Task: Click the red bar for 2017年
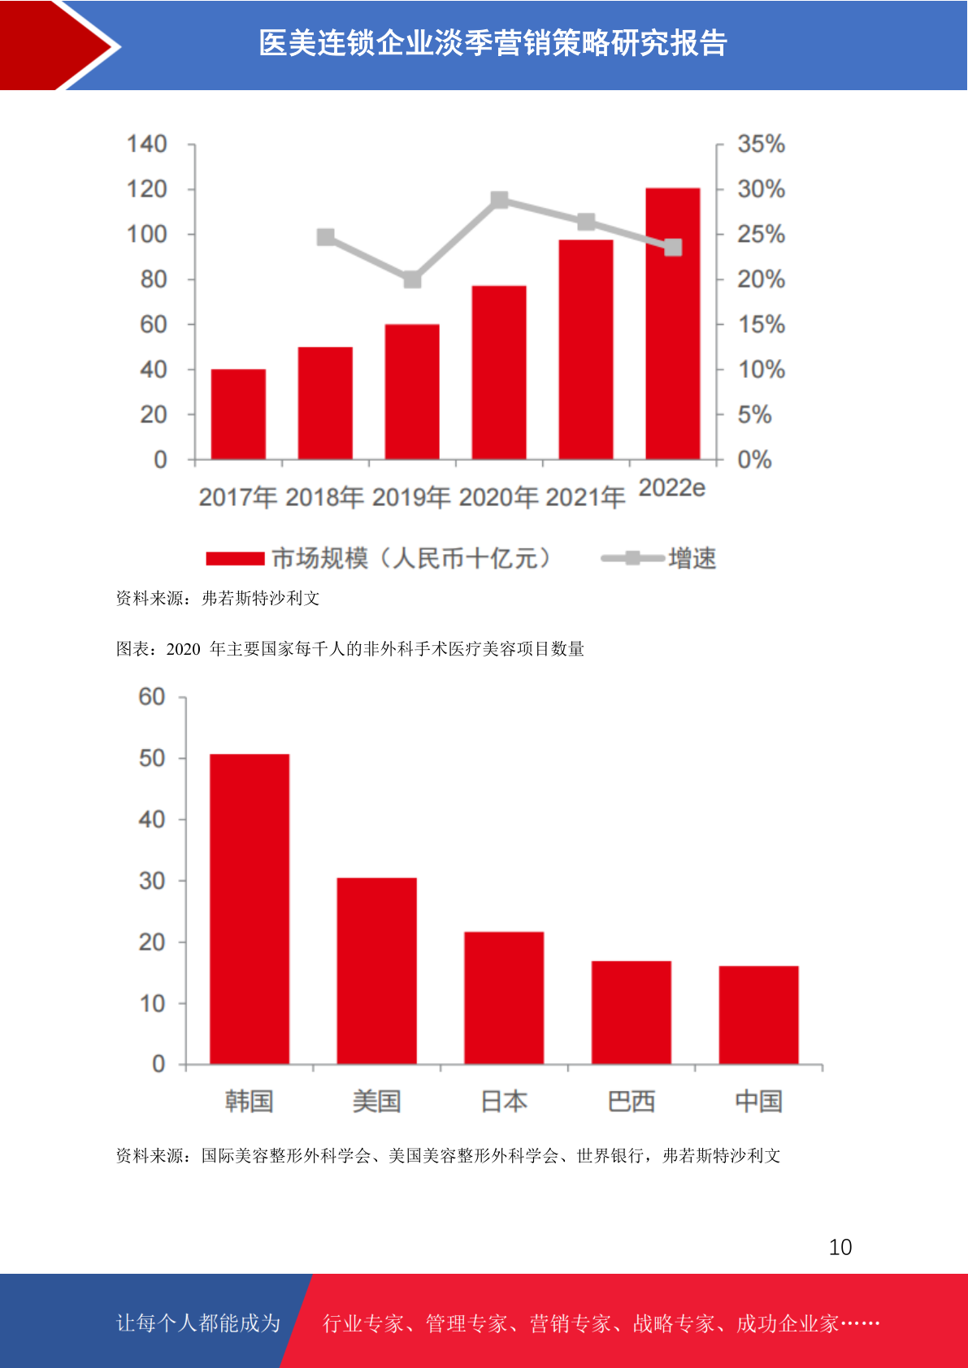click(238, 414)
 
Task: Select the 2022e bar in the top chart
click(672, 325)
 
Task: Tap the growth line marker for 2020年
click(500, 200)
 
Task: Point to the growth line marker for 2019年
click(412, 279)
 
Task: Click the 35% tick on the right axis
click(761, 145)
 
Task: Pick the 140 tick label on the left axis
click(147, 145)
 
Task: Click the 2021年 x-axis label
click(585, 496)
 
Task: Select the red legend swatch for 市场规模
click(235, 559)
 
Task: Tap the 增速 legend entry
click(692, 558)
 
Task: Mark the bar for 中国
click(758, 1015)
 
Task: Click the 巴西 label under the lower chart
click(631, 1102)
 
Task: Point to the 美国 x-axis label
click(376, 1102)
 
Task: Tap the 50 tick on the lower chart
click(152, 759)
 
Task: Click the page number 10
click(840, 1247)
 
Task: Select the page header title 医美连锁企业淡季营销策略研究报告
click(493, 44)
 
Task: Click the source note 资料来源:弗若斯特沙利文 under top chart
click(218, 599)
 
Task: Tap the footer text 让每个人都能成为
click(198, 1323)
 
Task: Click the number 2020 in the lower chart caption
click(183, 649)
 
